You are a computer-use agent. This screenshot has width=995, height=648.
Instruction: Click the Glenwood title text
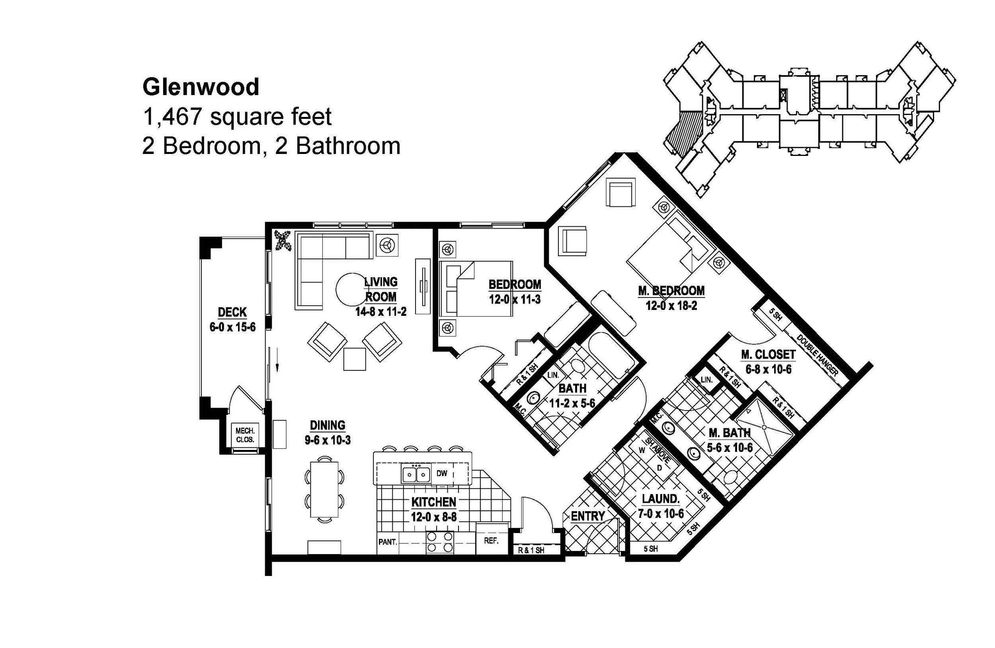pyautogui.click(x=201, y=88)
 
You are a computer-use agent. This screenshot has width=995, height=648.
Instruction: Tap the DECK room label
pyautogui.click(x=232, y=312)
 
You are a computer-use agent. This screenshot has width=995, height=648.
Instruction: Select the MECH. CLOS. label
pyautogui.click(x=245, y=434)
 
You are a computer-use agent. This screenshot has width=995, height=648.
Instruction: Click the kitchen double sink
pyautogui.click(x=416, y=474)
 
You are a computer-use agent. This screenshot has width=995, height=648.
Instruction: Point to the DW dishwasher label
pyautogui.click(x=442, y=473)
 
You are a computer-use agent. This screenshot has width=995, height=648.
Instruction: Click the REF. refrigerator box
pyautogui.click(x=492, y=541)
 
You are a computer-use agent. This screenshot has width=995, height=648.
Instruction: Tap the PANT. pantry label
pyautogui.click(x=388, y=542)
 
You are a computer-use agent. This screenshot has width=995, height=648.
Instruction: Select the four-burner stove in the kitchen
pyautogui.click(x=440, y=542)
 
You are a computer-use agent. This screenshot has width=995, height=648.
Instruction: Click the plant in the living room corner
pyautogui.click(x=283, y=241)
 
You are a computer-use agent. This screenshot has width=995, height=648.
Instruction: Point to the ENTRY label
pyautogui.click(x=588, y=516)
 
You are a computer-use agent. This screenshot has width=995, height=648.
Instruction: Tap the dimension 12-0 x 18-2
pyautogui.click(x=671, y=306)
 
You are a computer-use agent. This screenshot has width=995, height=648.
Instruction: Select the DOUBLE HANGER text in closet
pyautogui.click(x=817, y=355)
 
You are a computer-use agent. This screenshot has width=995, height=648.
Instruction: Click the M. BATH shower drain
pyautogui.click(x=764, y=427)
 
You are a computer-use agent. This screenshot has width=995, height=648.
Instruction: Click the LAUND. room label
pyautogui.click(x=661, y=498)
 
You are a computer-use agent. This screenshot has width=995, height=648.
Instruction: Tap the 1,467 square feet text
pyautogui.click(x=237, y=117)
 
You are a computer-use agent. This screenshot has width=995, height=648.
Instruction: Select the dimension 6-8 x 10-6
pyautogui.click(x=769, y=369)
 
